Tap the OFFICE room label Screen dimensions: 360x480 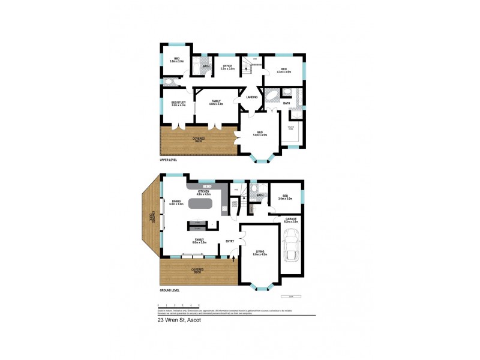click(x=227, y=67)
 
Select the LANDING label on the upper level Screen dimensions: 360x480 click(x=252, y=97)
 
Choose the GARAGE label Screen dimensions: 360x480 click(x=292, y=220)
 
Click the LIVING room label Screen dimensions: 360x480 click(x=260, y=253)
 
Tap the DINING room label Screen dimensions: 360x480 click(x=176, y=203)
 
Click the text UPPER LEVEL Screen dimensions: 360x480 click(x=169, y=160)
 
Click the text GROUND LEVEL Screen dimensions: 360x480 click(x=170, y=290)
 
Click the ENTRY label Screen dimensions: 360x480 click(x=230, y=241)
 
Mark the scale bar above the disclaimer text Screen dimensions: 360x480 click(x=178, y=306)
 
